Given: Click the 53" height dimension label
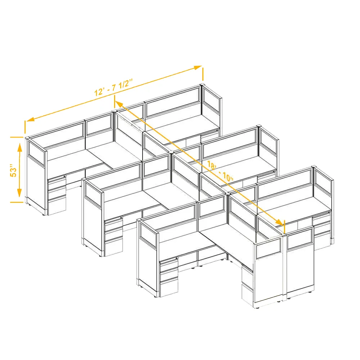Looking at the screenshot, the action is tap(14, 170).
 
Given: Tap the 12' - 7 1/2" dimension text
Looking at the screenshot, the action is tap(114, 87).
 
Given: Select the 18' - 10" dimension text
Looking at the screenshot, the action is tap(220, 171).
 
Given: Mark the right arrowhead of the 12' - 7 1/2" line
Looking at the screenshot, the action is tap(197, 68).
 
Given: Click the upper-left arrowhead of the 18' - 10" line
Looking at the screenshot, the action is tap(120, 105).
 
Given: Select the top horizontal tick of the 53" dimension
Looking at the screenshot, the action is tap(17, 137).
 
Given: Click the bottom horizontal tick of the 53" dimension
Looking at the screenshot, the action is tap(17, 202).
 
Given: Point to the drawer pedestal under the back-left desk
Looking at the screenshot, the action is tap(57, 195).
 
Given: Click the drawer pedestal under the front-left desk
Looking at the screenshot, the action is tap(168, 277).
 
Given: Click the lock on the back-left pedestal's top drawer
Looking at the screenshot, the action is tap(64, 176).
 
